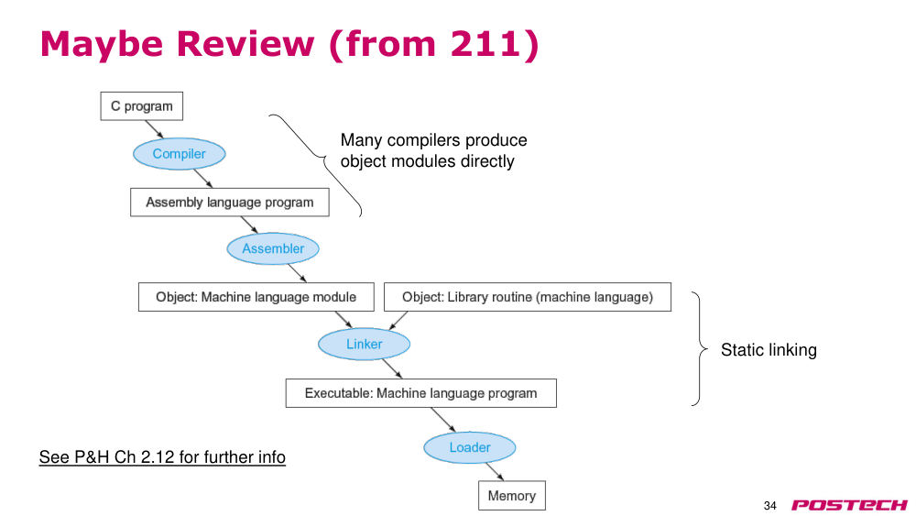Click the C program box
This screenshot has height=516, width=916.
click(x=141, y=106)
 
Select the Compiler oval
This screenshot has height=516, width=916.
click(x=180, y=154)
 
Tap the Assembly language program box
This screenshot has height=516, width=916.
click(x=230, y=203)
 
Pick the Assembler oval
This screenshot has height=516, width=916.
click(x=273, y=248)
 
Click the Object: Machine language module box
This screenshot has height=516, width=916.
click(x=256, y=297)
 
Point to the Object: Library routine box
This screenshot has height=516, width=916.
click(x=528, y=297)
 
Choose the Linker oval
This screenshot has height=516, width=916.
click(x=364, y=344)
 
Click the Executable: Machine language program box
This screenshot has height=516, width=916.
click(x=420, y=393)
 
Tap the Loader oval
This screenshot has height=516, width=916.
click(x=470, y=447)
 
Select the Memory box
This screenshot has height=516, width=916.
click(x=512, y=496)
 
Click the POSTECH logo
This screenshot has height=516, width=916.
click(x=849, y=505)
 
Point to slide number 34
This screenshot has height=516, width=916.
click(x=770, y=506)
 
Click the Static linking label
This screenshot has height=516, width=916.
click(x=769, y=349)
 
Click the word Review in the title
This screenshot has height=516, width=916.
click(x=245, y=44)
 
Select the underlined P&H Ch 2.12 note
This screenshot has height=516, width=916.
click(x=162, y=457)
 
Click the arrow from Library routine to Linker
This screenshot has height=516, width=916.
click(x=398, y=320)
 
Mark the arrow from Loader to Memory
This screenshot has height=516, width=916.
click(x=495, y=472)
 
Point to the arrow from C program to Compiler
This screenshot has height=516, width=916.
click(x=154, y=129)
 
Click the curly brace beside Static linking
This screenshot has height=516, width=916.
click(x=699, y=349)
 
